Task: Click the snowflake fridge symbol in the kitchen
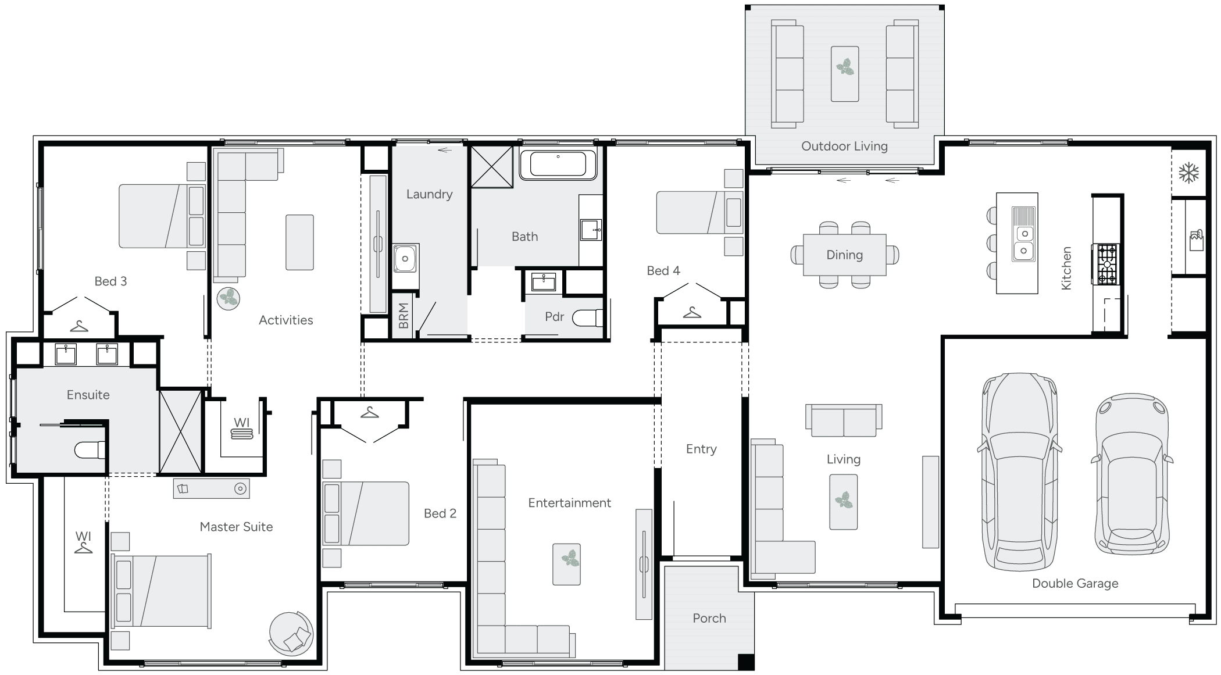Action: pyautogui.click(x=1188, y=173)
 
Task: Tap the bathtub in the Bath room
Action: pyautogui.click(x=558, y=164)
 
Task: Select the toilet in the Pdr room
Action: pyautogui.click(x=587, y=318)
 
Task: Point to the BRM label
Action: pyautogui.click(x=404, y=316)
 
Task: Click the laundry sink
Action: pyautogui.click(x=405, y=259)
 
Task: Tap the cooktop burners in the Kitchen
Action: pyautogui.click(x=1106, y=265)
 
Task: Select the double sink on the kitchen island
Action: pyautogui.click(x=1024, y=242)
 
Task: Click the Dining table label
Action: pyautogui.click(x=844, y=255)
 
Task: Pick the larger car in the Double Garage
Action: pyautogui.click(x=1019, y=471)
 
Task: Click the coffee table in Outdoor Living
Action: pyautogui.click(x=845, y=74)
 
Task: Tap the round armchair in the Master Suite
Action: pyautogui.click(x=291, y=634)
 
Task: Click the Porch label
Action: pyautogui.click(x=709, y=618)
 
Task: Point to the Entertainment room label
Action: pyautogui.click(x=569, y=503)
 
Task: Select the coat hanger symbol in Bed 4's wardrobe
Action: pyautogui.click(x=692, y=313)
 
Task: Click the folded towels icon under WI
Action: pyautogui.click(x=242, y=434)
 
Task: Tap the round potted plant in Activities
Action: pyautogui.click(x=228, y=298)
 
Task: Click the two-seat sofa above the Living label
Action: pyautogui.click(x=843, y=420)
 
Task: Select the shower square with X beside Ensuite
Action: pyautogui.click(x=180, y=431)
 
